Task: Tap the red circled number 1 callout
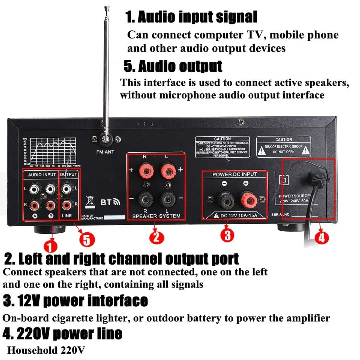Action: [50, 245]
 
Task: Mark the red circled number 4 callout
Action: [321, 238]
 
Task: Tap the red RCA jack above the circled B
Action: [50, 205]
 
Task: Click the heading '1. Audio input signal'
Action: [191, 17]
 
